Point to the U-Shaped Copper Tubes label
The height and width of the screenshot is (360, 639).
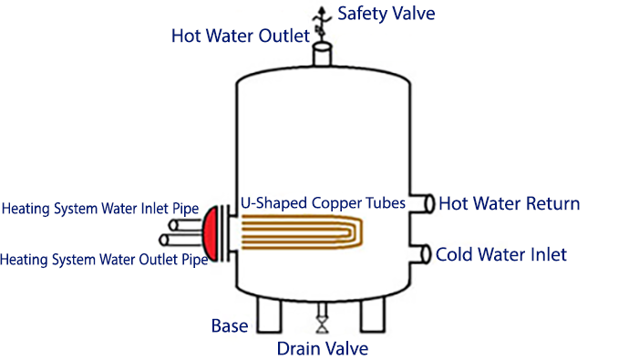[x=323, y=203]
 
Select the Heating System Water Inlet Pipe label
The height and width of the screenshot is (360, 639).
[x=100, y=208]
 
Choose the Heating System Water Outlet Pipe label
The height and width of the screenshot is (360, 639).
[x=102, y=260]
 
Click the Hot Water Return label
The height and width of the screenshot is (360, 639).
[x=509, y=203]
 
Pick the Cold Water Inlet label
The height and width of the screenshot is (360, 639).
[x=501, y=253]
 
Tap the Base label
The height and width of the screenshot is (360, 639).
[x=229, y=324]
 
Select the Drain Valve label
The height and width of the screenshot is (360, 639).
[x=323, y=347]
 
